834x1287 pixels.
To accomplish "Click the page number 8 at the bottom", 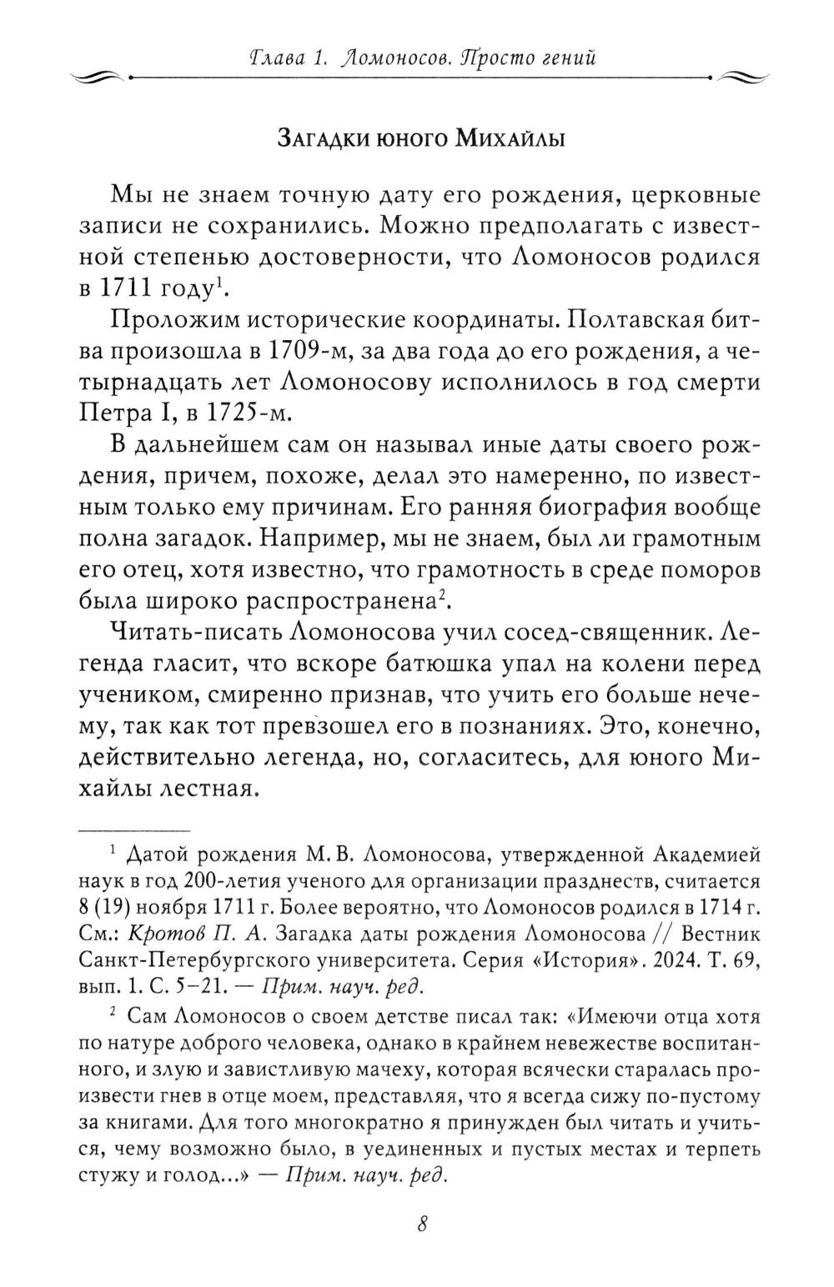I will pyautogui.click(x=420, y=1224).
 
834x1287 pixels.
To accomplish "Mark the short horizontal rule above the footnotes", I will pyautogui.click(x=134, y=830).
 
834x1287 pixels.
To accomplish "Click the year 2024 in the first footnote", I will pyautogui.click(x=671, y=959).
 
